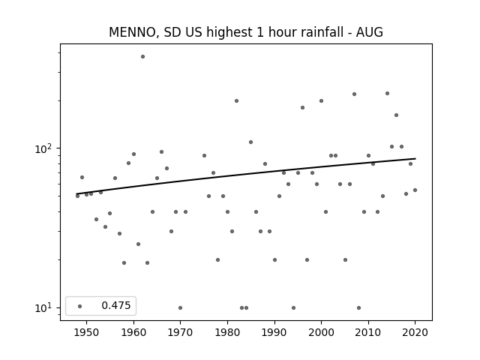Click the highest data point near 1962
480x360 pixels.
point(142,57)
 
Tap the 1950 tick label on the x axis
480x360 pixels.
point(87,332)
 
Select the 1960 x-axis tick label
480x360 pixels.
point(133,332)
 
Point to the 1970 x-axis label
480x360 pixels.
point(181,332)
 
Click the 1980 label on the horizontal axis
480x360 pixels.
point(227,332)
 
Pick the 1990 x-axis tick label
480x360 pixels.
point(274,332)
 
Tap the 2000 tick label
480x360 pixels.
point(322,332)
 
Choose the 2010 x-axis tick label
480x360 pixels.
point(368,332)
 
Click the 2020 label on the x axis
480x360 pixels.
point(415,332)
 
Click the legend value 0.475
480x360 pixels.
point(116,305)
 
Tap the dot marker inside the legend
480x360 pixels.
point(80,306)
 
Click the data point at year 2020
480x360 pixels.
point(415,190)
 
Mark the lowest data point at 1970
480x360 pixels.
point(180,308)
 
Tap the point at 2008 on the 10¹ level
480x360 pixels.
point(358,308)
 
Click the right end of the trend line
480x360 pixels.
point(415,158)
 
